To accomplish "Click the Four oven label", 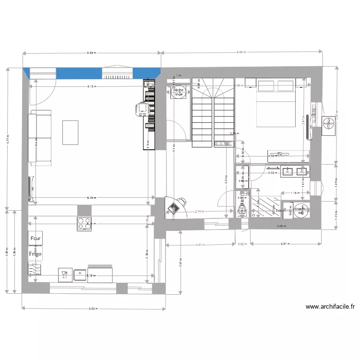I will (x=36, y=238).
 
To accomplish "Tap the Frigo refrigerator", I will (x=35, y=253).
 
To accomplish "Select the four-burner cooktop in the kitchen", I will (x=84, y=223).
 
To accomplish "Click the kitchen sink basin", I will (x=80, y=275).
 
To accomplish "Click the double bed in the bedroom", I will (x=276, y=103).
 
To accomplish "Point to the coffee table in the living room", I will (x=70, y=132).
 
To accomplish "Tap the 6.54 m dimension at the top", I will (x=243, y=52).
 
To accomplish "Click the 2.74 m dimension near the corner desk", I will (x=200, y=212).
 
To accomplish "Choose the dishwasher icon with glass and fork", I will (x=63, y=275).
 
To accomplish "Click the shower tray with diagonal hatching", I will (x=265, y=207).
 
